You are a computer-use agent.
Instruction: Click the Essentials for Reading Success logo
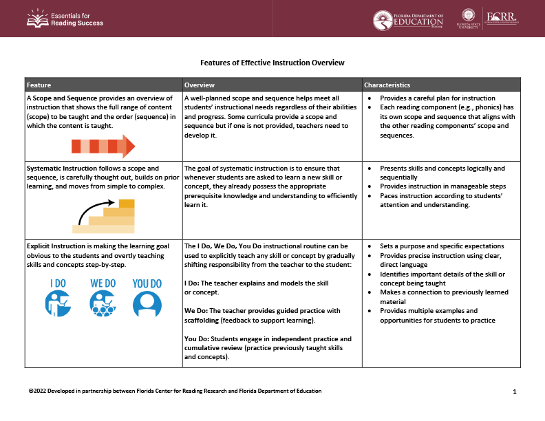(x=65, y=19)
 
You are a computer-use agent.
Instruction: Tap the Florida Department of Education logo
(x=408, y=20)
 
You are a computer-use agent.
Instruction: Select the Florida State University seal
(x=468, y=17)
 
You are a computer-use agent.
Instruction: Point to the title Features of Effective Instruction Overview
(x=272, y=63)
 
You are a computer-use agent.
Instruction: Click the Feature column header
(x=39, y=85)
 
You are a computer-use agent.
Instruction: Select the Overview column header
(x=200, y=85)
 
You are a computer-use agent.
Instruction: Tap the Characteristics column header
(x=387, y=85)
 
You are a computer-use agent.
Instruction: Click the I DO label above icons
(x=58, y=283)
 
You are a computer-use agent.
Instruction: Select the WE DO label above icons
(x=103, y=283)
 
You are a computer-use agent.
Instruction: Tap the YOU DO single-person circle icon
(x=146, y=303)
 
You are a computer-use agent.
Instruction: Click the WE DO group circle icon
(x=103, y=303)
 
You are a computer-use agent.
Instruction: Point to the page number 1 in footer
(x=515, y=391)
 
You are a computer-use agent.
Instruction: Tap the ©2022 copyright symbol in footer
(x=31, y=391)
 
